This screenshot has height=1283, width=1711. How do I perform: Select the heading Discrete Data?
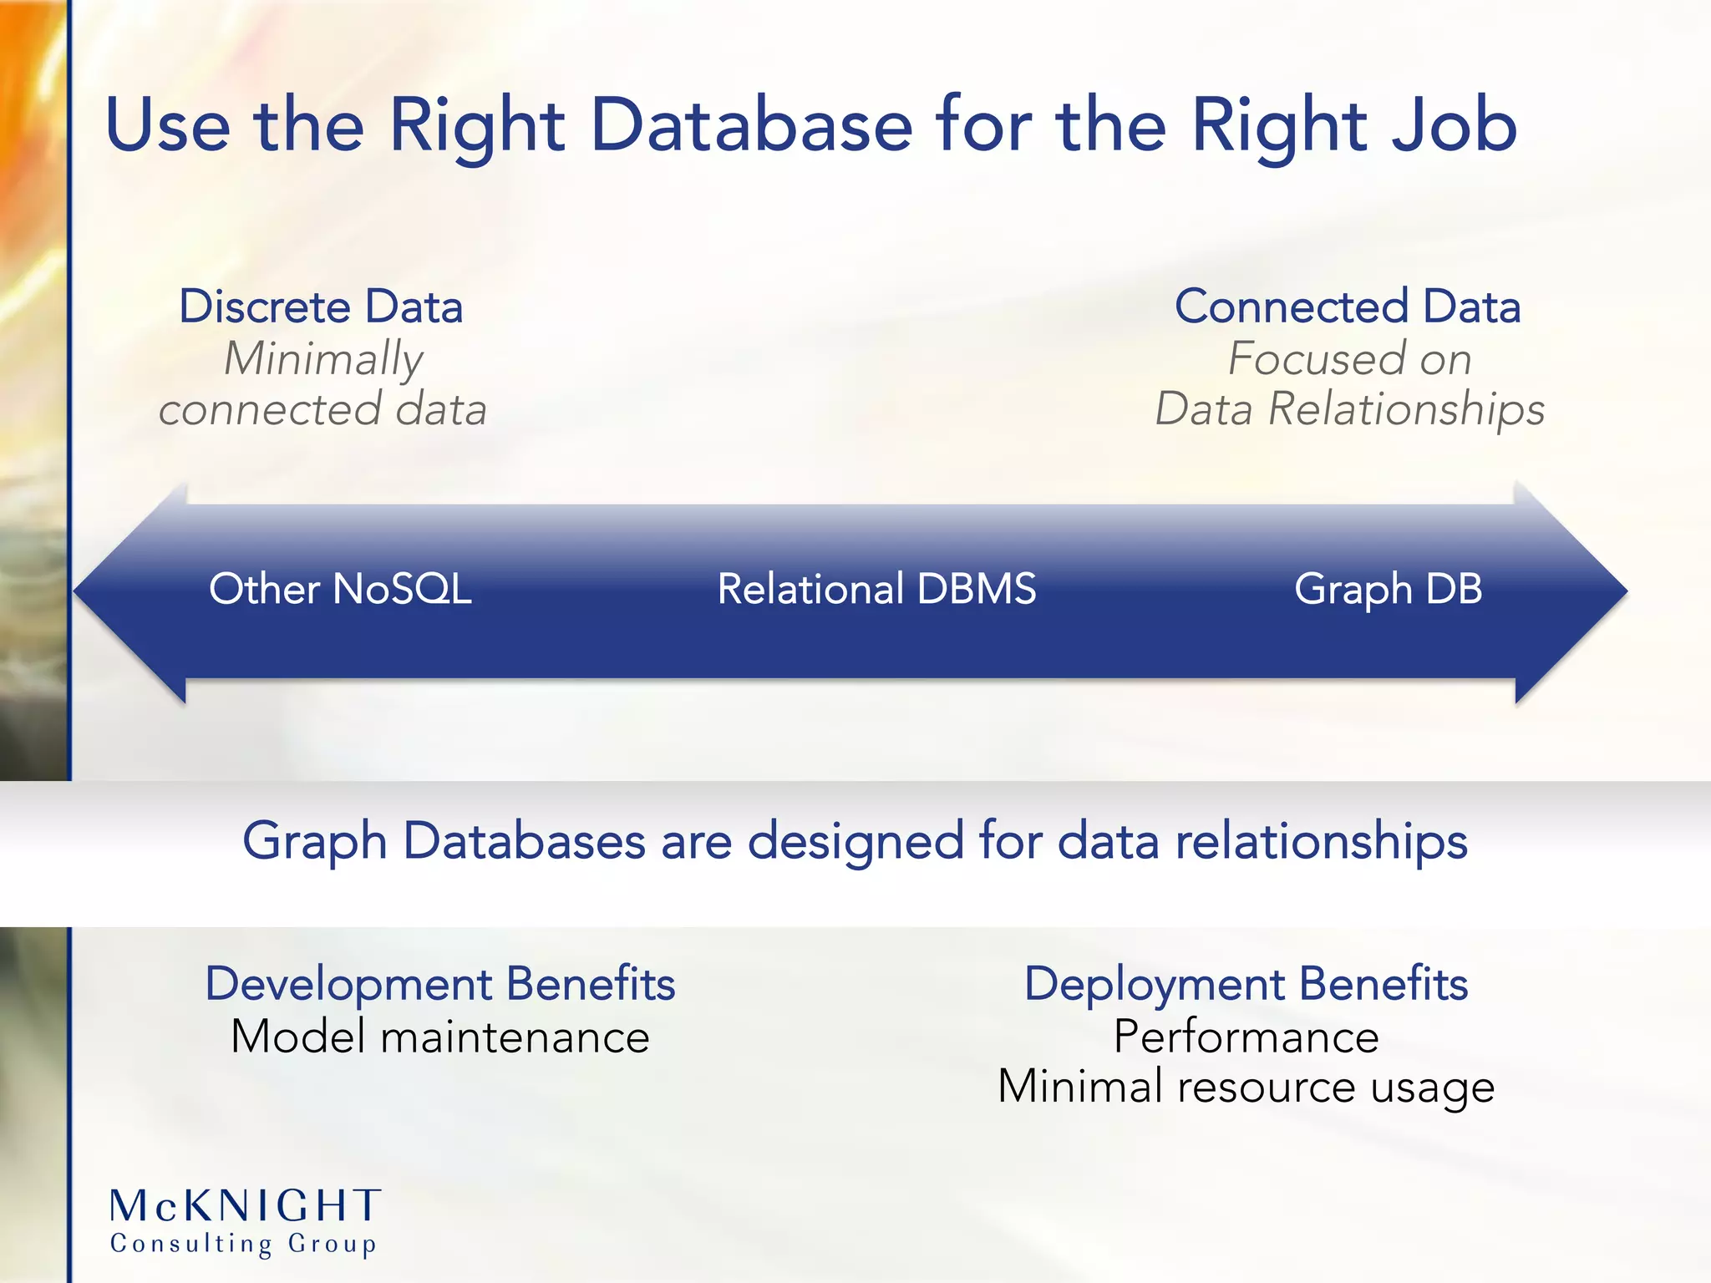coord(321,307)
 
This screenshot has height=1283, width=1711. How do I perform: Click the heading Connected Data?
coord(1347,307)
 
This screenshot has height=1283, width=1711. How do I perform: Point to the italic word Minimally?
coord(323,359)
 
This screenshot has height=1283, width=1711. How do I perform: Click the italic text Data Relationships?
coord(1349,410)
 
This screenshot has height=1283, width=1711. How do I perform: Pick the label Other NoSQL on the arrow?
coord(340,589)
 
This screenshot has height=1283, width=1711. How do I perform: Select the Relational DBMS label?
coord(876,589)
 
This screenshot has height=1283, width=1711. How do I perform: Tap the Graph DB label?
coord(1388,589)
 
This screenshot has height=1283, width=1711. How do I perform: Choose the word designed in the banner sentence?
coord(855,840)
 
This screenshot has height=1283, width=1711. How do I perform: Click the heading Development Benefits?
coord(439,983)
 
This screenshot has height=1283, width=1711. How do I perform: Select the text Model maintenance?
coord(439,1037)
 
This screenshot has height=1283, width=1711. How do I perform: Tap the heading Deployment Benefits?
coord(1246,983)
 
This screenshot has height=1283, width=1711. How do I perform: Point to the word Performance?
coord(1246,1037)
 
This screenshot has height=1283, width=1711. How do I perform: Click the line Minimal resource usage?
coord(1246,1088)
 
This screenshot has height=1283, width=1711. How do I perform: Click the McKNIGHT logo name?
coord(246,1206)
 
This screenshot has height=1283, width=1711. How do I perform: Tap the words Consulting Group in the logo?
coord(243,1244)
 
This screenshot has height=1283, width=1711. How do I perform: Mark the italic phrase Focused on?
coord(1349,359)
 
